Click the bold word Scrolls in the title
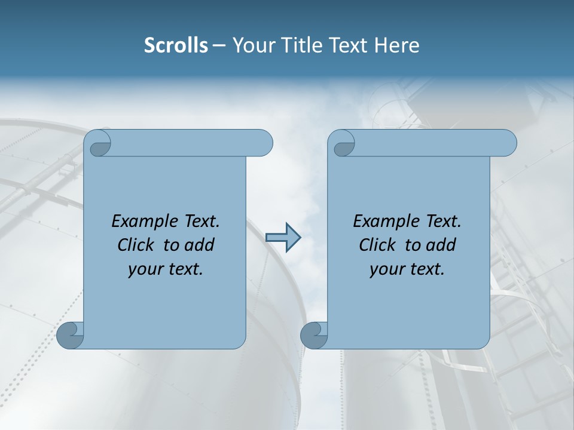176,45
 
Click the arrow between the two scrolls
283,238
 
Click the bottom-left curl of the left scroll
70,335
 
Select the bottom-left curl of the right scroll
314,335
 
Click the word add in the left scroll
200,245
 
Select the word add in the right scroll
442,245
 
